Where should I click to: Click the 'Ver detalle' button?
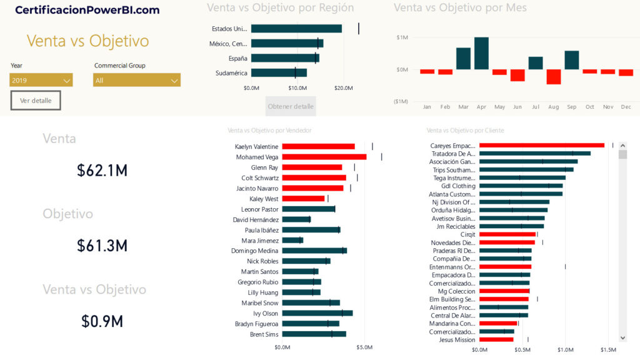point(36,100)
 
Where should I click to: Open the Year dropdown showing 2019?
point(41,80)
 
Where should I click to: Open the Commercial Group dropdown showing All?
point(136,80)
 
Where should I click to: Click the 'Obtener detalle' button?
point(291,106)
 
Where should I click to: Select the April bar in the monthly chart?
point(481,54)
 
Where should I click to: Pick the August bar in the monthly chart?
point(554,76)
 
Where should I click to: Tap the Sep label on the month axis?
point(572,107)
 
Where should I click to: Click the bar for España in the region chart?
point(285,58)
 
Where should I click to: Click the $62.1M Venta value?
point(102,170)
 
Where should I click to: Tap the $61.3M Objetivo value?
point(102,246)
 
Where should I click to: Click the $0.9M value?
point(102,321)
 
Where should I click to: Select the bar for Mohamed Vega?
point(324,157)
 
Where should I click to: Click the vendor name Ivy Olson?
point(266,313)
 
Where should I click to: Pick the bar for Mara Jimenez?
point(292,240)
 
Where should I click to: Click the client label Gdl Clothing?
point(458,186)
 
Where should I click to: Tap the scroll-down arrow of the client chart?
point(622,337)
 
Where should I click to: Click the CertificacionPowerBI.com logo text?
point(87,10)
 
